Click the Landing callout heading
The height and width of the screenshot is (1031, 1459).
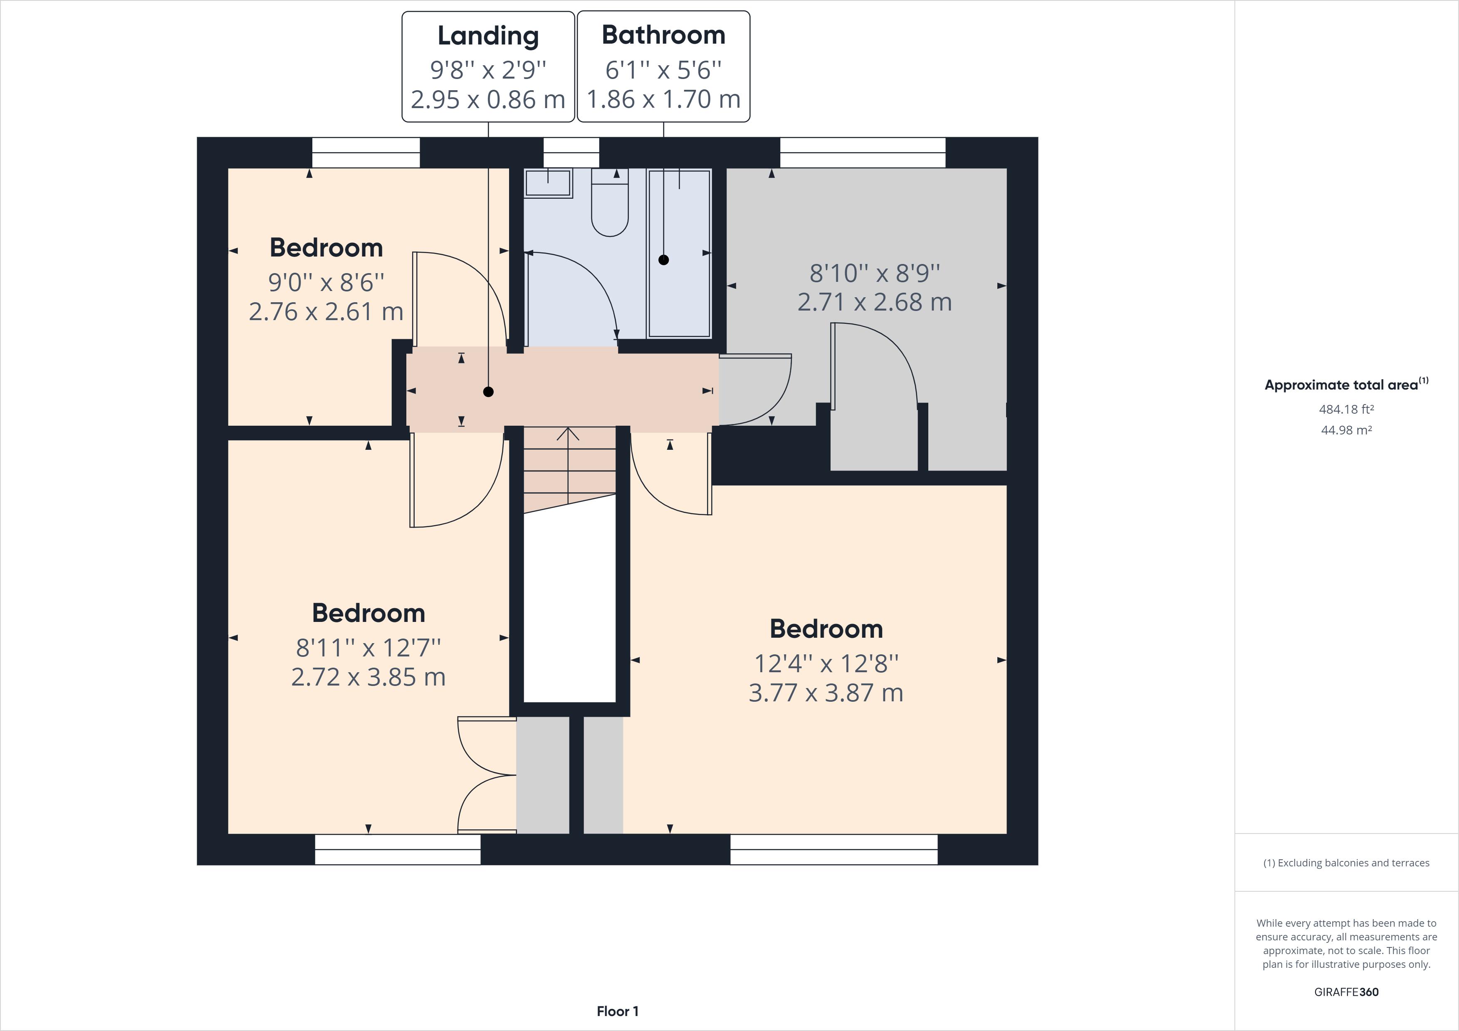(487, 36)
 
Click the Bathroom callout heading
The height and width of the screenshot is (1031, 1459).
(663, 35)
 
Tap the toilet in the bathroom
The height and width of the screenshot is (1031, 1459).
(609, 203)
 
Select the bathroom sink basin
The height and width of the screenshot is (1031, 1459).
(547, 183)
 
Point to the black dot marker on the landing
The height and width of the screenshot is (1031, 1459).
(488, 392)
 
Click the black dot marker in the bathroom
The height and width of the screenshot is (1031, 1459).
(663, 260)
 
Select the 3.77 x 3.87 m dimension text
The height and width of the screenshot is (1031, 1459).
(826, 693)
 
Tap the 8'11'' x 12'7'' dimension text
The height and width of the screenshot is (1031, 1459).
(368, 648)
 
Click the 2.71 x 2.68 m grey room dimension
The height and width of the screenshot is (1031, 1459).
(874, 302)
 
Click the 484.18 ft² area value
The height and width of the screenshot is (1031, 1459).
(1346, 409)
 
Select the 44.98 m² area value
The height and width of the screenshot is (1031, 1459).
(1346, 430)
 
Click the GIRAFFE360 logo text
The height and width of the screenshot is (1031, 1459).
(1346, 992)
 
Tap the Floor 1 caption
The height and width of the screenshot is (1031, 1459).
(617, 1011)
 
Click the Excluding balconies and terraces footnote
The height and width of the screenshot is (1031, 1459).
(1346, 863)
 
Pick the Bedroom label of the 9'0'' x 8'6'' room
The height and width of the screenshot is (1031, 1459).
(326, 248)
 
